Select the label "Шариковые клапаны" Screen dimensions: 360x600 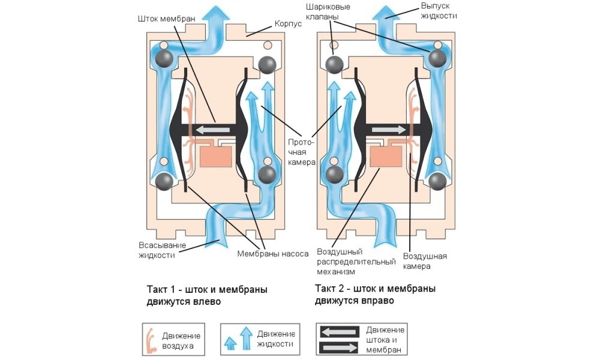point(335,11)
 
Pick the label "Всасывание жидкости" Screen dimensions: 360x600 point(162,250)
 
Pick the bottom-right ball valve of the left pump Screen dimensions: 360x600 point(267,175)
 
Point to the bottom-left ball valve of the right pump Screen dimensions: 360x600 point(334,175)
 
